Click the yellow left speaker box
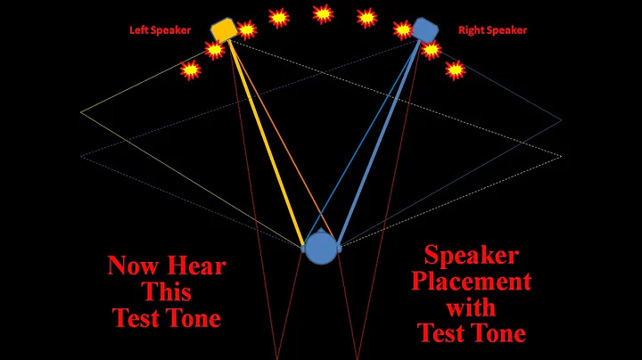tap(223, 29)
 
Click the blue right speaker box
tap(425, 29)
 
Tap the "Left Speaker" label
tap(160, 30)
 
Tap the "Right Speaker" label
tap(492, 30)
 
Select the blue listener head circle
tap(320, 250)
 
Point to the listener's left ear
tap(303, 242)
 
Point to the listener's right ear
tap(338, 242)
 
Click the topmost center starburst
tap(323, 13)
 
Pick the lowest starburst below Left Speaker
tap(190, 70)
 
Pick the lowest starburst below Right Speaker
tap(456, 69)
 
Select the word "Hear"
tap(197, 266)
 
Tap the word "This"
tap(167, 291)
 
